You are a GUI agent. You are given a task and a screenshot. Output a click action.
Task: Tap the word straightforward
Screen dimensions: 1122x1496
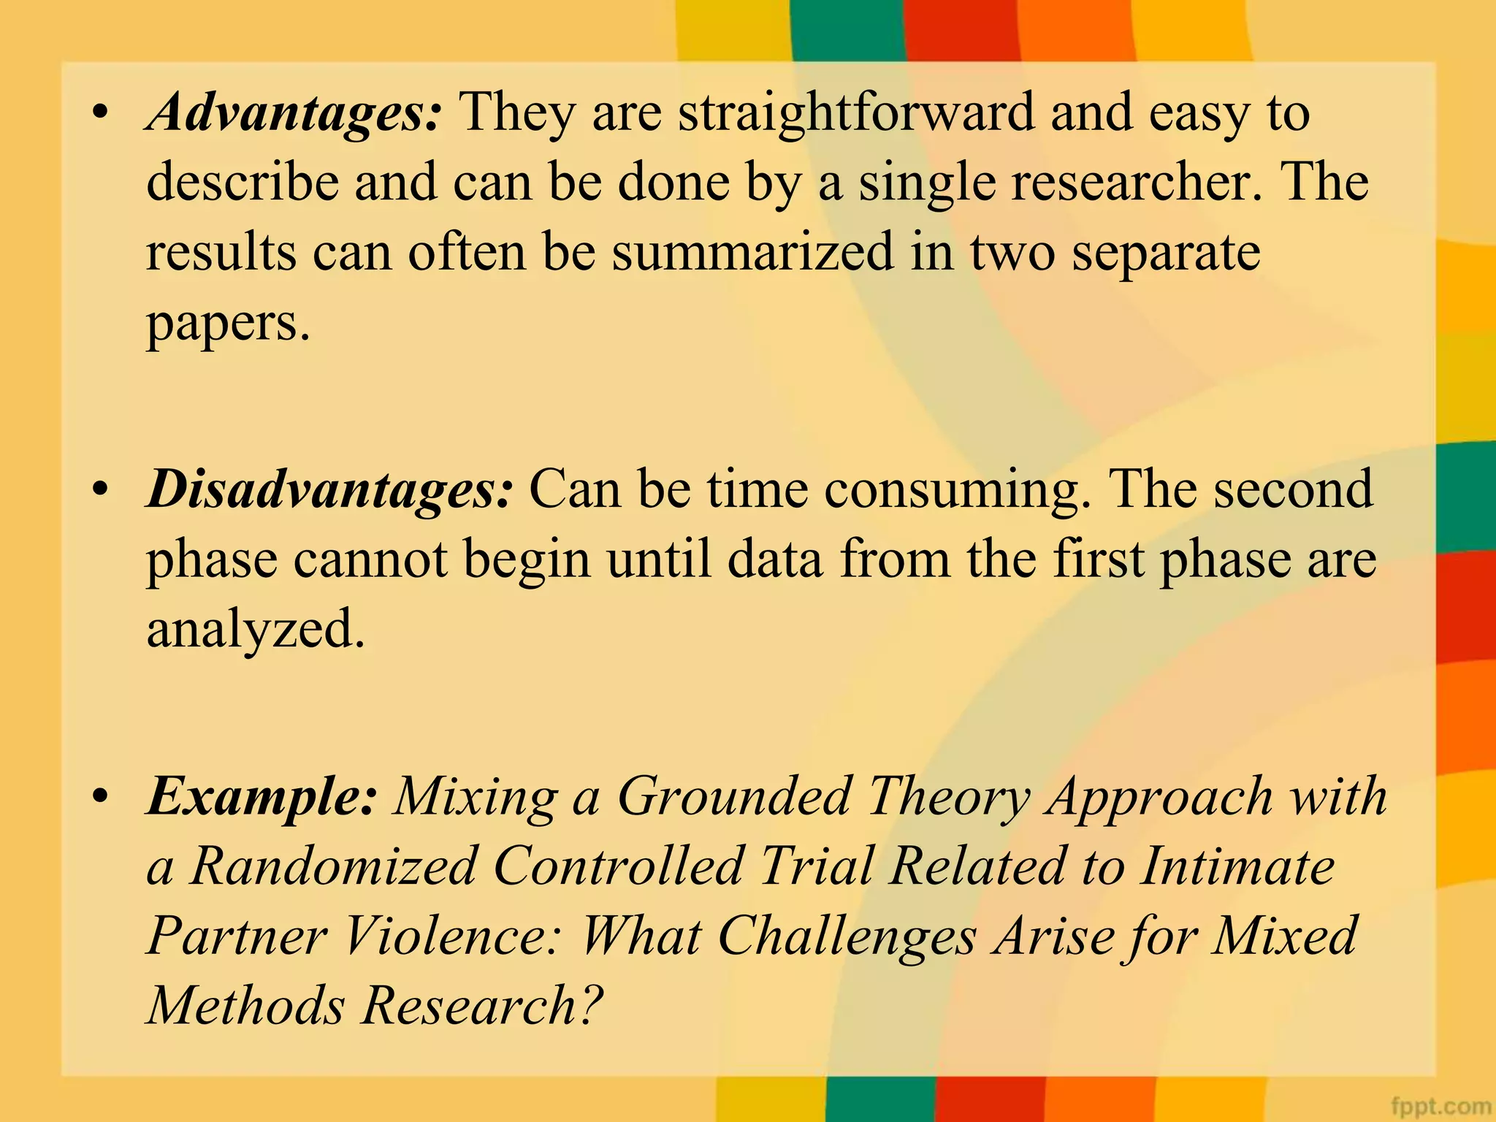point(856,113)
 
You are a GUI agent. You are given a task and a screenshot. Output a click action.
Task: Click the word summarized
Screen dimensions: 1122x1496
point(752,253)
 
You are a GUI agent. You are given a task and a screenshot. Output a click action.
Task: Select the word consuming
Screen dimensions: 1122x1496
point(958,489)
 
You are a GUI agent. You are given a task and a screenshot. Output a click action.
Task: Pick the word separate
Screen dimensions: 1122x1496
point(1165,253)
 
